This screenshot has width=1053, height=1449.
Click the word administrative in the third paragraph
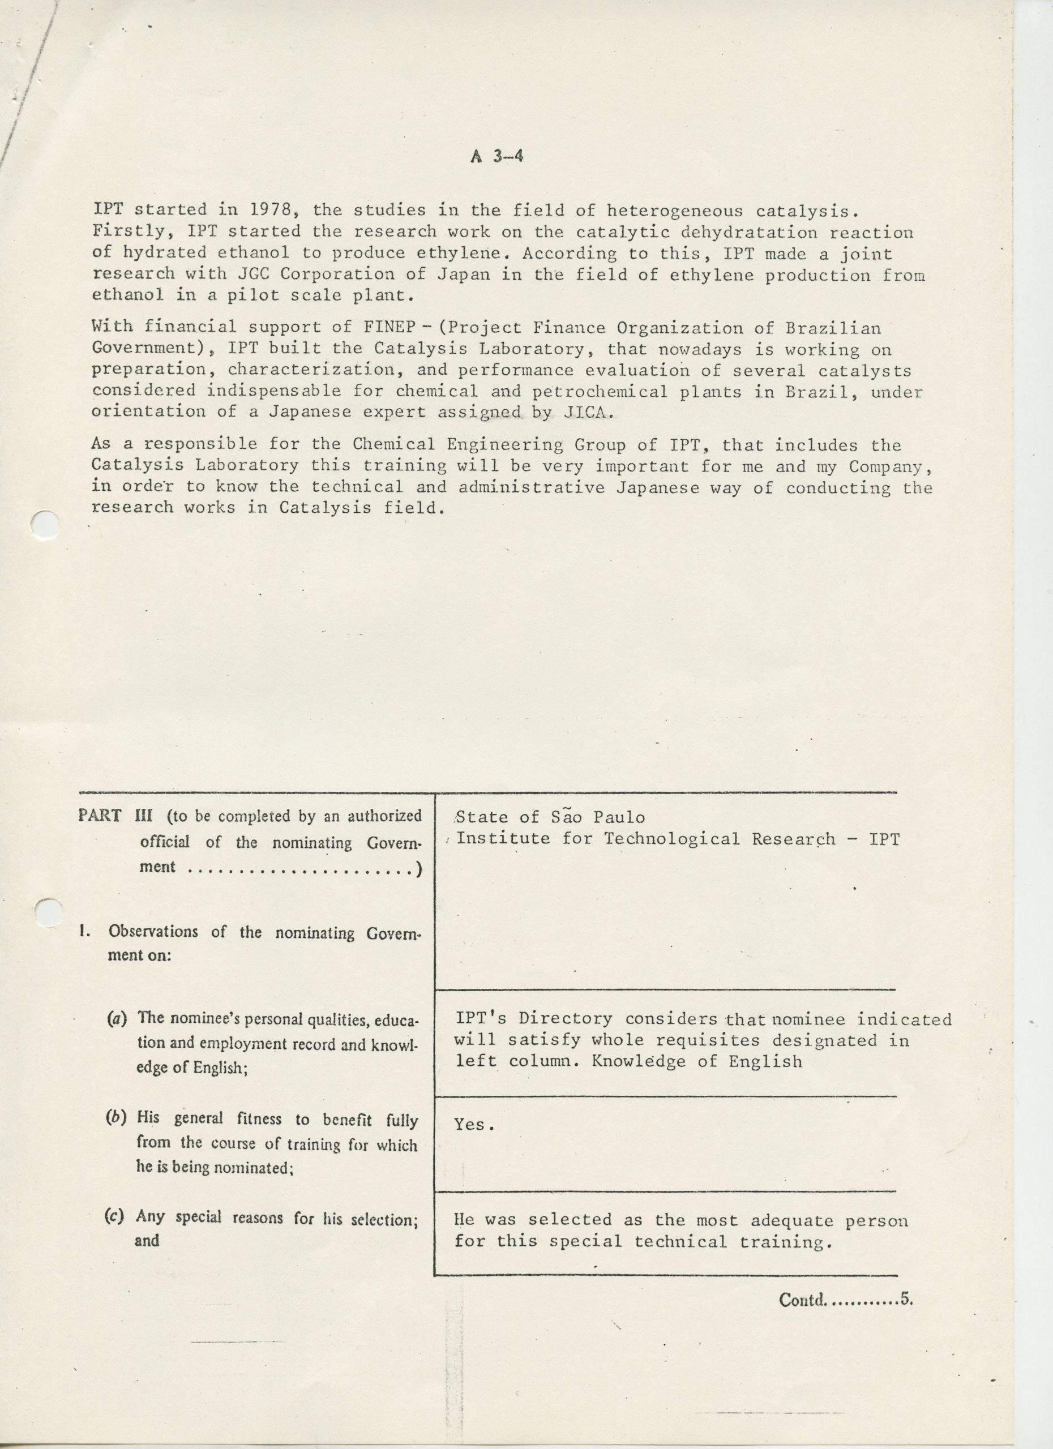pos(531,487)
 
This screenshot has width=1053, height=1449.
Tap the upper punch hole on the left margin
pos(45,526)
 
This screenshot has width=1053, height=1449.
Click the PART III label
pos(113,816)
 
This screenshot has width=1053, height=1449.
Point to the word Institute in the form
pos(503,838)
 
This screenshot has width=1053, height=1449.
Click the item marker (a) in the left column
pos(118,1018)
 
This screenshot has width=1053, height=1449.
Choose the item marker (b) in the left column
pos(116,1117)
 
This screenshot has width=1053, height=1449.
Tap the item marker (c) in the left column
pos(114,1216)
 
